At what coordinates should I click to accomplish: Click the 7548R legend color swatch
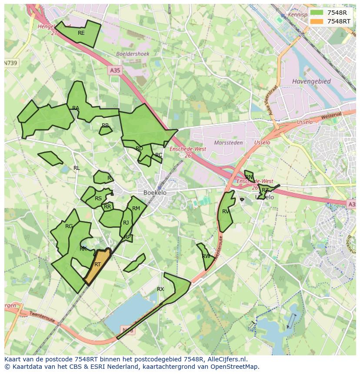tap(317, 13)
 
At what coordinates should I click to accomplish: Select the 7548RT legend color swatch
tap(317, 21)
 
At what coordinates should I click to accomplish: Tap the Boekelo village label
tap(155, 192)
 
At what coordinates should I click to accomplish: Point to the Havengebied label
tap(311, 81)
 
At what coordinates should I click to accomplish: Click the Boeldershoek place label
tap(133, 54)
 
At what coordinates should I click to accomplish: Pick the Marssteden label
tap(228, 142)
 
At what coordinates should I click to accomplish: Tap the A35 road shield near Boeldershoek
tap(115, 70)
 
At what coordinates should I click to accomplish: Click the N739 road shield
tap(11, 63)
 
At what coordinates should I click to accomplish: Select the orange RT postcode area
tap(97, 266)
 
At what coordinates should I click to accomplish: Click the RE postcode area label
tap(81, 33)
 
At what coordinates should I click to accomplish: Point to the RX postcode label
tap(160, 289)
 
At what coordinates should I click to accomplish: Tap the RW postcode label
tap(206, 256)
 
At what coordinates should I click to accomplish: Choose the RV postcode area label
tap(226, 212)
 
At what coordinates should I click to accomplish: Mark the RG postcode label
tap(69, 226)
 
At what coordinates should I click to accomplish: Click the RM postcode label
tap(136, 209)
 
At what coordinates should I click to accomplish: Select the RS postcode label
tap(98, 199)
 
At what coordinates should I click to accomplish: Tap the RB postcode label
tap(105, 126)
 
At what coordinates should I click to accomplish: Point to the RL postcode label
tap(77, 168)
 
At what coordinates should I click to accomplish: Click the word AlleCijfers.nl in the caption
tap(227, 359)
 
